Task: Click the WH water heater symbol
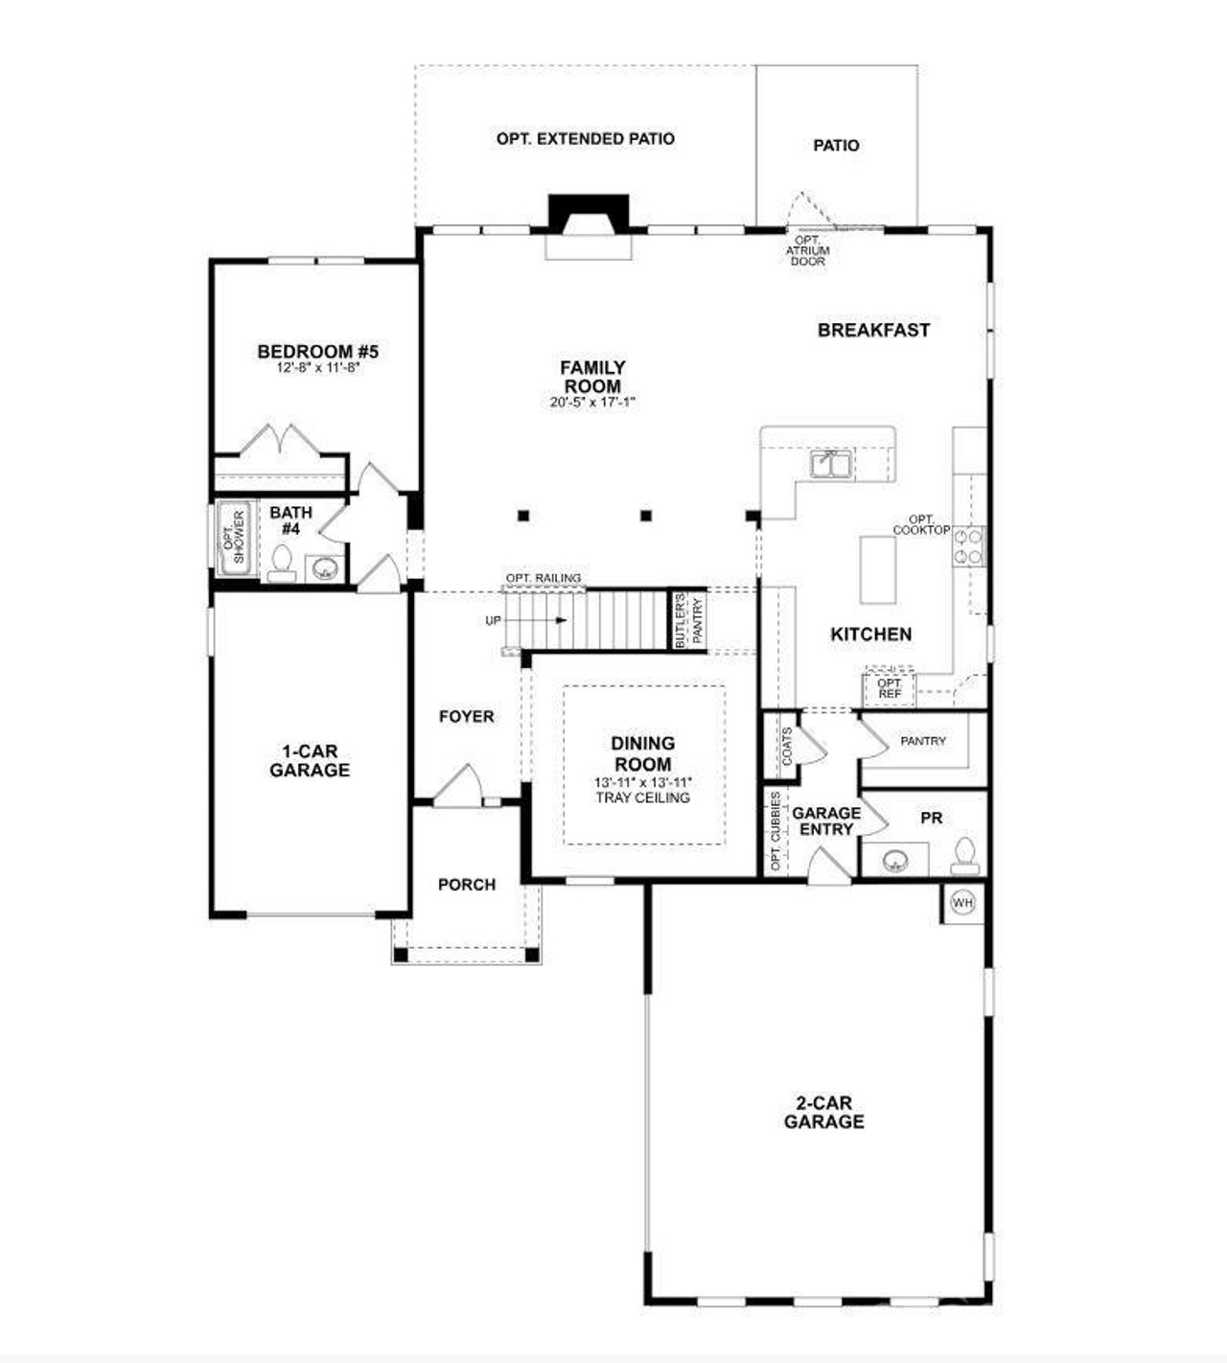961,903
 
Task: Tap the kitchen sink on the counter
830,464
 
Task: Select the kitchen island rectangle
877,569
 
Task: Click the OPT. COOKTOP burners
967,546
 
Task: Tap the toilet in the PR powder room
964,856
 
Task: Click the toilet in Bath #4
282,562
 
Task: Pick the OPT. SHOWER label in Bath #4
233,538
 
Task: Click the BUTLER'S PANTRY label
687,620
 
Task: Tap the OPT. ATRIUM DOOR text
807,251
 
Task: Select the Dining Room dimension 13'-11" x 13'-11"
642,782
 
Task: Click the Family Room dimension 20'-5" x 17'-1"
592,403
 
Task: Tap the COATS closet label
787,745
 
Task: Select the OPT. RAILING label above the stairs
544,578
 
